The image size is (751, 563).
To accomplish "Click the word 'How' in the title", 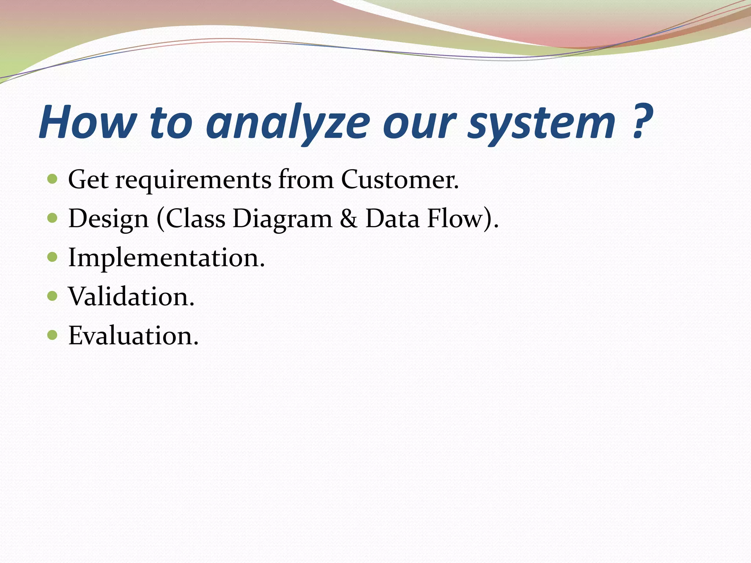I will point(88,122).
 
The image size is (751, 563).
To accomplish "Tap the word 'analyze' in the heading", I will point(287,123).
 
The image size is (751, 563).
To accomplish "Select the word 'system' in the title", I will point(541,123).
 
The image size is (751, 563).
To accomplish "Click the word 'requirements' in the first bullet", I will point(193,180).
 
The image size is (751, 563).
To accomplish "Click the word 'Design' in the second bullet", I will point(108,220).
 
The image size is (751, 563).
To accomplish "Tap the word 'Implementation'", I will point(166,258).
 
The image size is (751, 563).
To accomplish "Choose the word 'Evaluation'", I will point(133,336).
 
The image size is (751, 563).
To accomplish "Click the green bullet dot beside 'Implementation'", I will point(53,257).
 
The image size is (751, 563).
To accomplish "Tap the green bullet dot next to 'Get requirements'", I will point(53,179).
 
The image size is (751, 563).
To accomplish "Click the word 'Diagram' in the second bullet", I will point(282,219).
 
